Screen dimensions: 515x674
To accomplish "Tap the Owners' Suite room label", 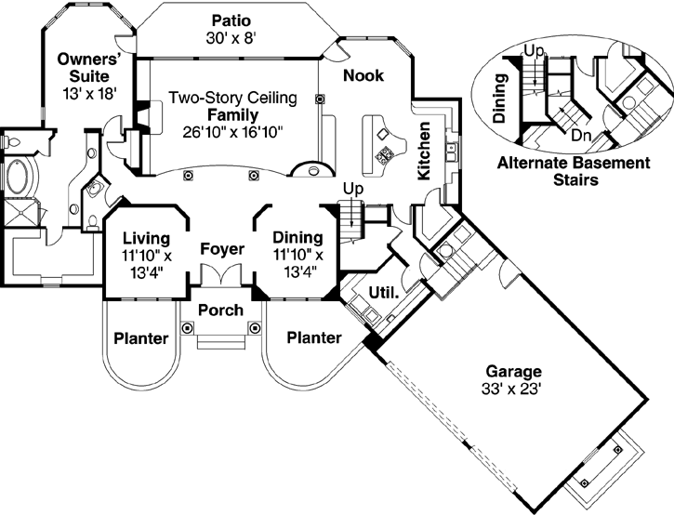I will click(84, 75).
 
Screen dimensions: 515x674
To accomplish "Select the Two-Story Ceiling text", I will click(231, 98).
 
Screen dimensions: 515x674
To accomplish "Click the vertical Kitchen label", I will click(423, 150).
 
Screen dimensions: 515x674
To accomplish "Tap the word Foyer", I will click(221, 249).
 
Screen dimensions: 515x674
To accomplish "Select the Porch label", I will click(221, 310).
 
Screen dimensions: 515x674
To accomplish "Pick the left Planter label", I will click(140, 338).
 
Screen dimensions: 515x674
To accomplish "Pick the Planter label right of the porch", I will click(313, 338).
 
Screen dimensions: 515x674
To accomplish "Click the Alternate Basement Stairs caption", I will click(571, 172).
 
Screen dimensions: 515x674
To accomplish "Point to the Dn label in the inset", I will click(582, 136).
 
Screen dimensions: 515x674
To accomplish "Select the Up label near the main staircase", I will click(353, 189).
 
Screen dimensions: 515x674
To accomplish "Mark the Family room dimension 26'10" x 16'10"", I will click(233, 131).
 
